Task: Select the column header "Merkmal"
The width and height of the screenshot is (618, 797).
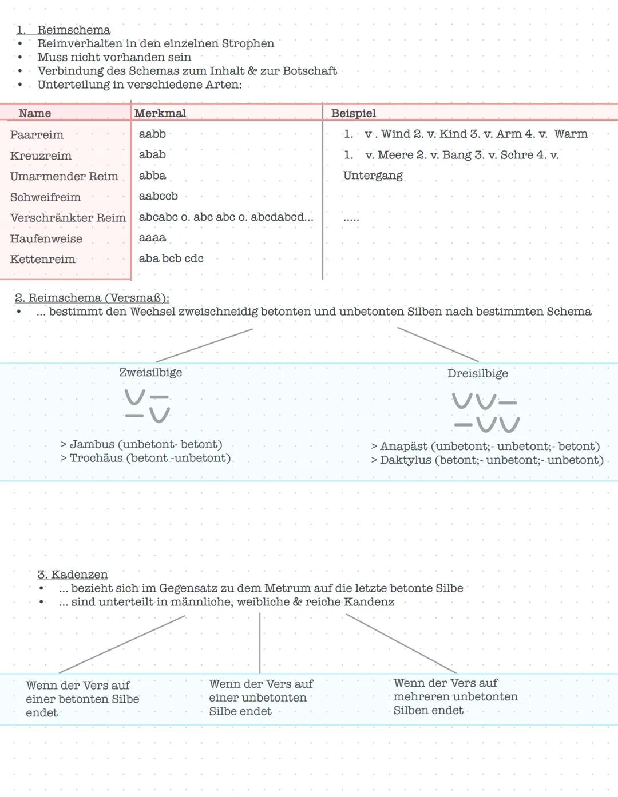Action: [x=160, y=113]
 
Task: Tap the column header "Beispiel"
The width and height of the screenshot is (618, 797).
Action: [x=353, y=113]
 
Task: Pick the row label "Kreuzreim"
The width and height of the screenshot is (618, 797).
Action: [x=41, y=156]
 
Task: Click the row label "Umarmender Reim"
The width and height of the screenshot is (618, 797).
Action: [x=64, y=176]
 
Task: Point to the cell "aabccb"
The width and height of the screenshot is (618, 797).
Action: [x=159, y=196]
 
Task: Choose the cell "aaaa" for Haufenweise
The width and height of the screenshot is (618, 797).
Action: [x=152, y=237]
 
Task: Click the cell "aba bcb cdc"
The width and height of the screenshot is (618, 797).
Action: [x=171, y=258]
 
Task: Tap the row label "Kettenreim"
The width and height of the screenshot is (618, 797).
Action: [x=43, y=259]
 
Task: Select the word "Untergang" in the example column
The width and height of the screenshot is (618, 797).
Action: [x=373, y=176]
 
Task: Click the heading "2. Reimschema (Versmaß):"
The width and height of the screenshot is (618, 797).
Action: [x=92, y=298]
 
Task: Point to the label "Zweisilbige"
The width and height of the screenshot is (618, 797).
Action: [x=150, y=372]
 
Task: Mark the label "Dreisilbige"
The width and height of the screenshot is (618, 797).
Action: [x=478, y=373]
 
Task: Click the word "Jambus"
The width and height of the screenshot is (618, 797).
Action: [x=92, y=444]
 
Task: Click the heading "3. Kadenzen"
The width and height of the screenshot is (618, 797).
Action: [x=73, y=575]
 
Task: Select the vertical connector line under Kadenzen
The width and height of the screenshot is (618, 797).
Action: [x=260, y=643]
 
